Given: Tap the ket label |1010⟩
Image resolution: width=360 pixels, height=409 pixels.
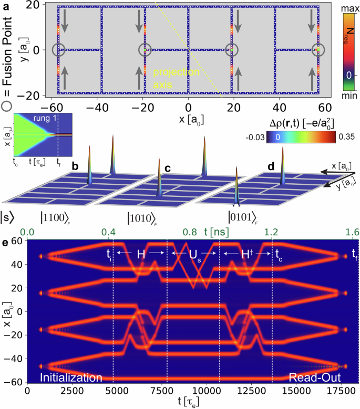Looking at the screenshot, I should (x=145, y=216).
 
